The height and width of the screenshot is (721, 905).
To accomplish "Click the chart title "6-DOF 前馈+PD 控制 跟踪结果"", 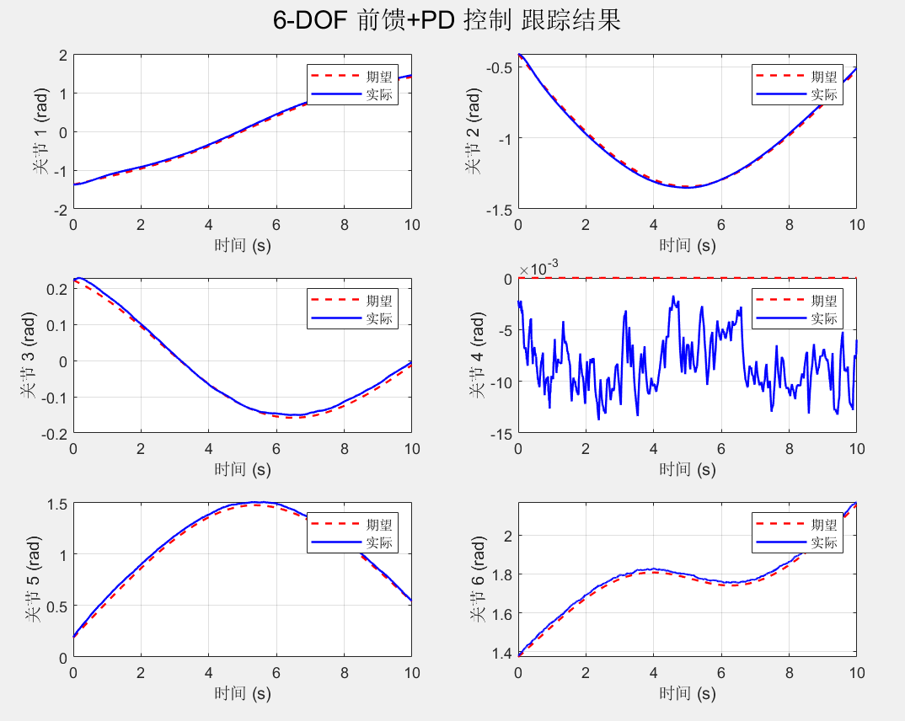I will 447,21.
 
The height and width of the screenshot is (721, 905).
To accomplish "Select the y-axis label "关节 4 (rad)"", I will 476,355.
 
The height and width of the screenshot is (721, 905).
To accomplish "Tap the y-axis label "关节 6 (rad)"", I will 476,579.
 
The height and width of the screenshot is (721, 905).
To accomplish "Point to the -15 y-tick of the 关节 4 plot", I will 502,434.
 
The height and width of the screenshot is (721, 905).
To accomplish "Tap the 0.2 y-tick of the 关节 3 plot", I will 58,289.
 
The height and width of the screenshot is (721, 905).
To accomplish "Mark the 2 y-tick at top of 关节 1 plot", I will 63,55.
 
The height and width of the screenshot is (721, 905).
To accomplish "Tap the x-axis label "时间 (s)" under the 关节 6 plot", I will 687,693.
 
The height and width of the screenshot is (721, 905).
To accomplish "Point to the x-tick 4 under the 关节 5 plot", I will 208,673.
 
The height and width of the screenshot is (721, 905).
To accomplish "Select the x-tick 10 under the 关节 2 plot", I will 856,225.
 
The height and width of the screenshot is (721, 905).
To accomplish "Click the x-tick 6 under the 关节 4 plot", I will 720,449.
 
